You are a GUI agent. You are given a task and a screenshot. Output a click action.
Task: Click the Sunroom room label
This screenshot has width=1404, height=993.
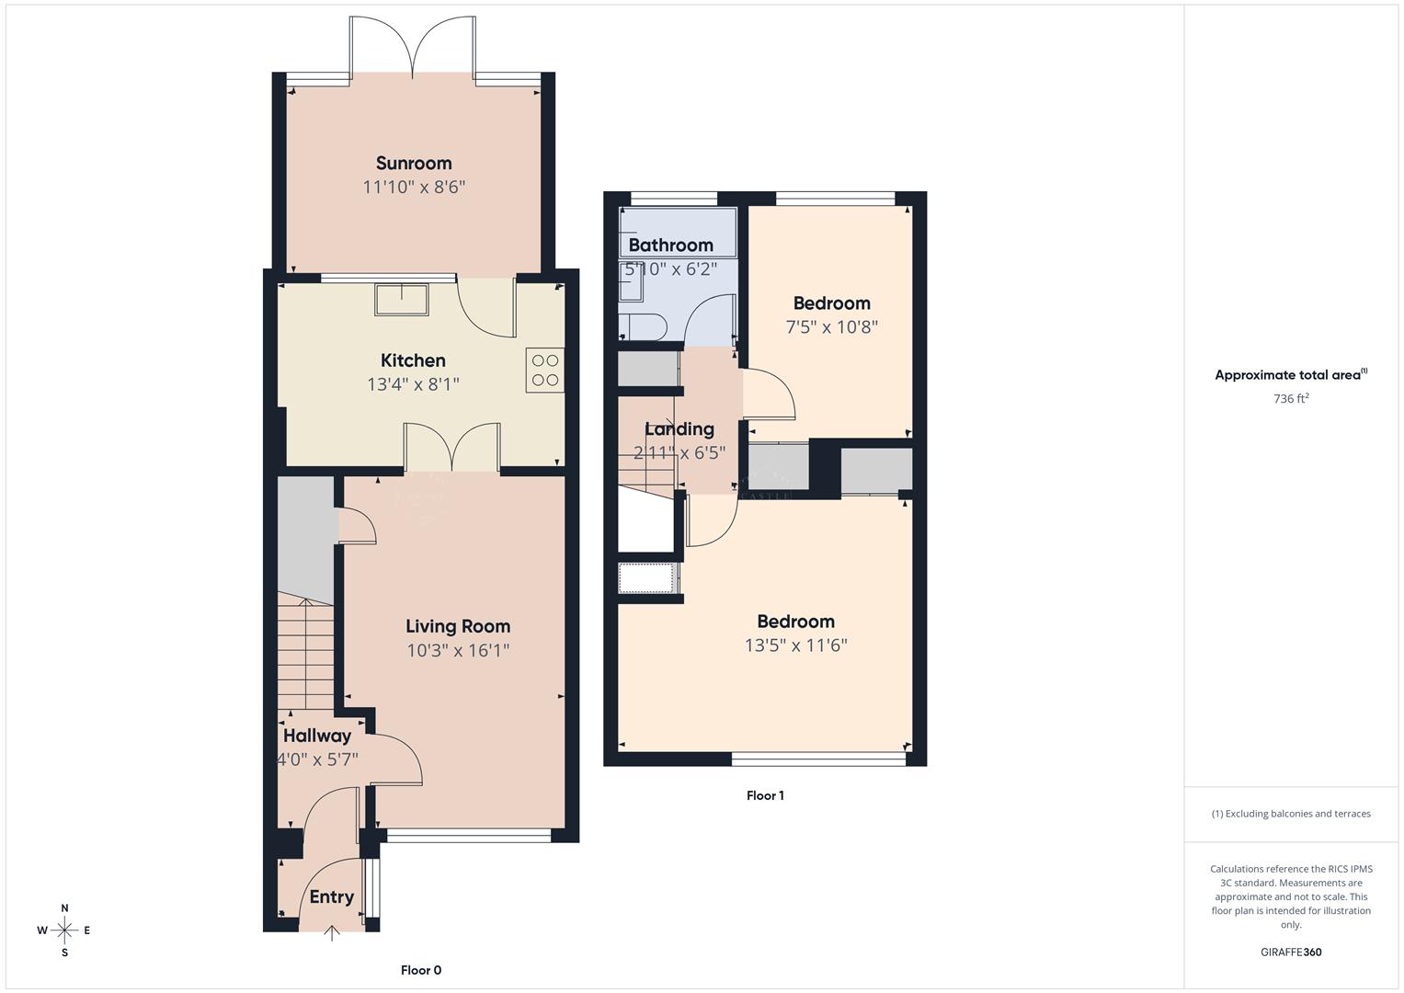[414, 164]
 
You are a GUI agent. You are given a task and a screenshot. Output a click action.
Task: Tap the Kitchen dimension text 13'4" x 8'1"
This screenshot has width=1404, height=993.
[413, 384]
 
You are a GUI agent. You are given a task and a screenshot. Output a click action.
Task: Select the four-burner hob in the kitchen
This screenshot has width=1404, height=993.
[545, 371]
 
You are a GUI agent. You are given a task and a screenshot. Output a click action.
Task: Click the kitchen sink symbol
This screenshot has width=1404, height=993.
[401, 300]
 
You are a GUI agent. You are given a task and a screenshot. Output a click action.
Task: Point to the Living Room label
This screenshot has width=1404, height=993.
[458, 626]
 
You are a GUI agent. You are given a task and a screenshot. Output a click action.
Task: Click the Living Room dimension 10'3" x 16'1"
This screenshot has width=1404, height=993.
[458, 651]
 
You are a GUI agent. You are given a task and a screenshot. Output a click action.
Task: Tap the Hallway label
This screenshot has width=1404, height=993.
[317, 736]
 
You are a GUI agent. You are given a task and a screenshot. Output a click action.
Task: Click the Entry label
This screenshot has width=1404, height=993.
[331, 897]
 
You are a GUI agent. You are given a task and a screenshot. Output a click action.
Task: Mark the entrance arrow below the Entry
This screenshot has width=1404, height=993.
[332, 933]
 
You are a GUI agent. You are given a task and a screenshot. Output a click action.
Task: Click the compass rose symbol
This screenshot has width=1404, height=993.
[64, 930]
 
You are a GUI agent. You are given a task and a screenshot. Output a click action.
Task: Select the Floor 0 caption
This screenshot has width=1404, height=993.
[421, 970]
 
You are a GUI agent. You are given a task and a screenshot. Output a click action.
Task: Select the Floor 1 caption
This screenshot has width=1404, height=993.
[765, 795]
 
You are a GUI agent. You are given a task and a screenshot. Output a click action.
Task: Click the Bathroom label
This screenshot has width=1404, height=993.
[670, 245]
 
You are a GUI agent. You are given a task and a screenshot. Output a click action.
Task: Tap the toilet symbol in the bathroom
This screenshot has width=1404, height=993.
[640, 326]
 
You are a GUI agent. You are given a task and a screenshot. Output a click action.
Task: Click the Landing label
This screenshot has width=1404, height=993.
[679, 428]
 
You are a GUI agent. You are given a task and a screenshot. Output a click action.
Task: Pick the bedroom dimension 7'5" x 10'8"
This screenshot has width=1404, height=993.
[831, 327]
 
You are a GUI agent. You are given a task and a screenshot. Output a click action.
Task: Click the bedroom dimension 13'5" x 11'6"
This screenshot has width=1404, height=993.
[795, 645]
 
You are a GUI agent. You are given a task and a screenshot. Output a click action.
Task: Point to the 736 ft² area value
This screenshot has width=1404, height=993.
[1291, 399]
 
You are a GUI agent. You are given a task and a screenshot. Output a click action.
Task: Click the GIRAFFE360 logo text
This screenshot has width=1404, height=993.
[1291, 952]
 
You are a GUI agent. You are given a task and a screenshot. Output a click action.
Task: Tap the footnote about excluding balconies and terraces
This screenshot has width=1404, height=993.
[1291, 814]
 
